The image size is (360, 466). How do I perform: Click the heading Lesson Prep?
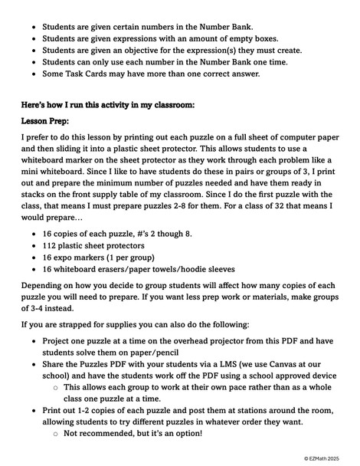[47, 120]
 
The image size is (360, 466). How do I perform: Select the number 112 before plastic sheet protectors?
[51, 243]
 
